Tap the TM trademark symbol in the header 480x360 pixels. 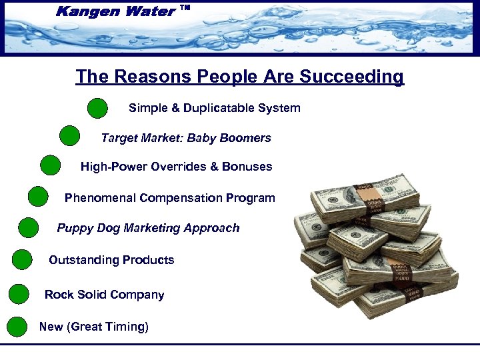185,8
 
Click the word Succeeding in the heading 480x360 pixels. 351,77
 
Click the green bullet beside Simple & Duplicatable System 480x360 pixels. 97,108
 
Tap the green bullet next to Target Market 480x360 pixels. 69,136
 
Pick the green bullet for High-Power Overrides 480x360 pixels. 50,165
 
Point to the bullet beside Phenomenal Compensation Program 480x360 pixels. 39,197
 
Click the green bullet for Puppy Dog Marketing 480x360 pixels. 29,227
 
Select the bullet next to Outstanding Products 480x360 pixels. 22,259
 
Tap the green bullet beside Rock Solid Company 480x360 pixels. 19,294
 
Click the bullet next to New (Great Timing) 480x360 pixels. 17,327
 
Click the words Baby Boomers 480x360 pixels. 229,139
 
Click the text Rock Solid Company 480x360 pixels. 104,295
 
